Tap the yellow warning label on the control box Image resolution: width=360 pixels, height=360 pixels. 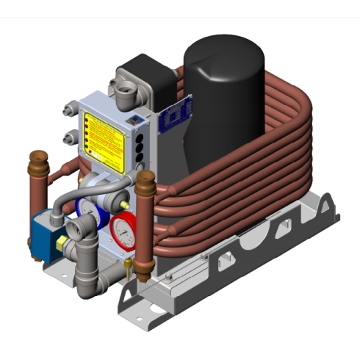coord(106,135)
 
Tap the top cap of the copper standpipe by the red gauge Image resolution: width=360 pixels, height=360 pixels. coord(144,177)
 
